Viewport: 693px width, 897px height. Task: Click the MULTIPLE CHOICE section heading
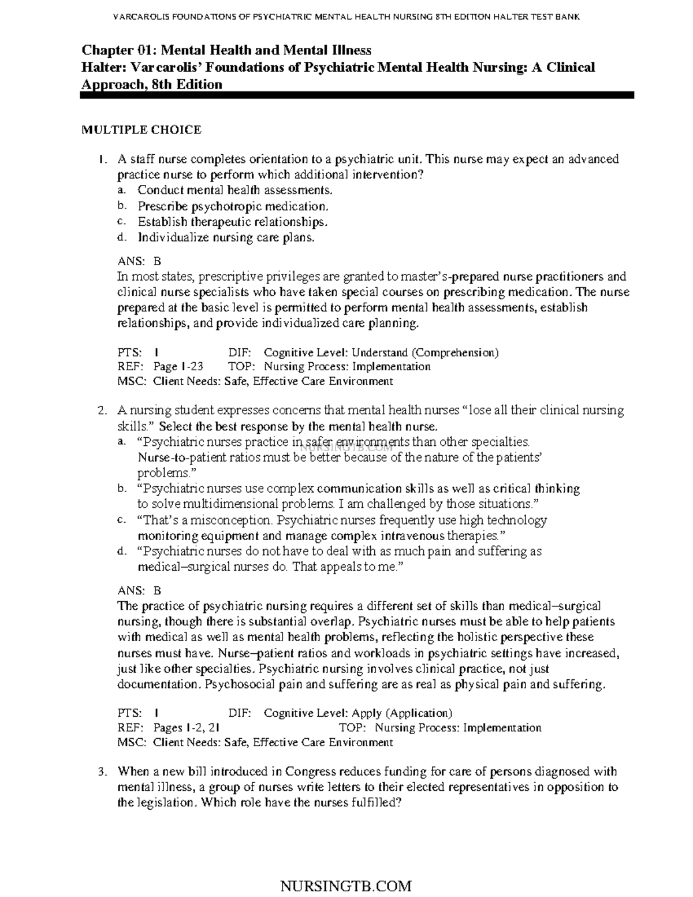coord(141,130)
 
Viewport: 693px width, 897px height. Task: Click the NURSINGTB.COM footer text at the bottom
coord(345,885)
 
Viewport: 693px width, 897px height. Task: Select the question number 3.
coord(102,772)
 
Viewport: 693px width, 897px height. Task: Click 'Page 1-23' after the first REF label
coord(178,367)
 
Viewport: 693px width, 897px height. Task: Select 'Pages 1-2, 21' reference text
coord(185,728)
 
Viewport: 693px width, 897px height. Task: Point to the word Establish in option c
coord(162,222)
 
